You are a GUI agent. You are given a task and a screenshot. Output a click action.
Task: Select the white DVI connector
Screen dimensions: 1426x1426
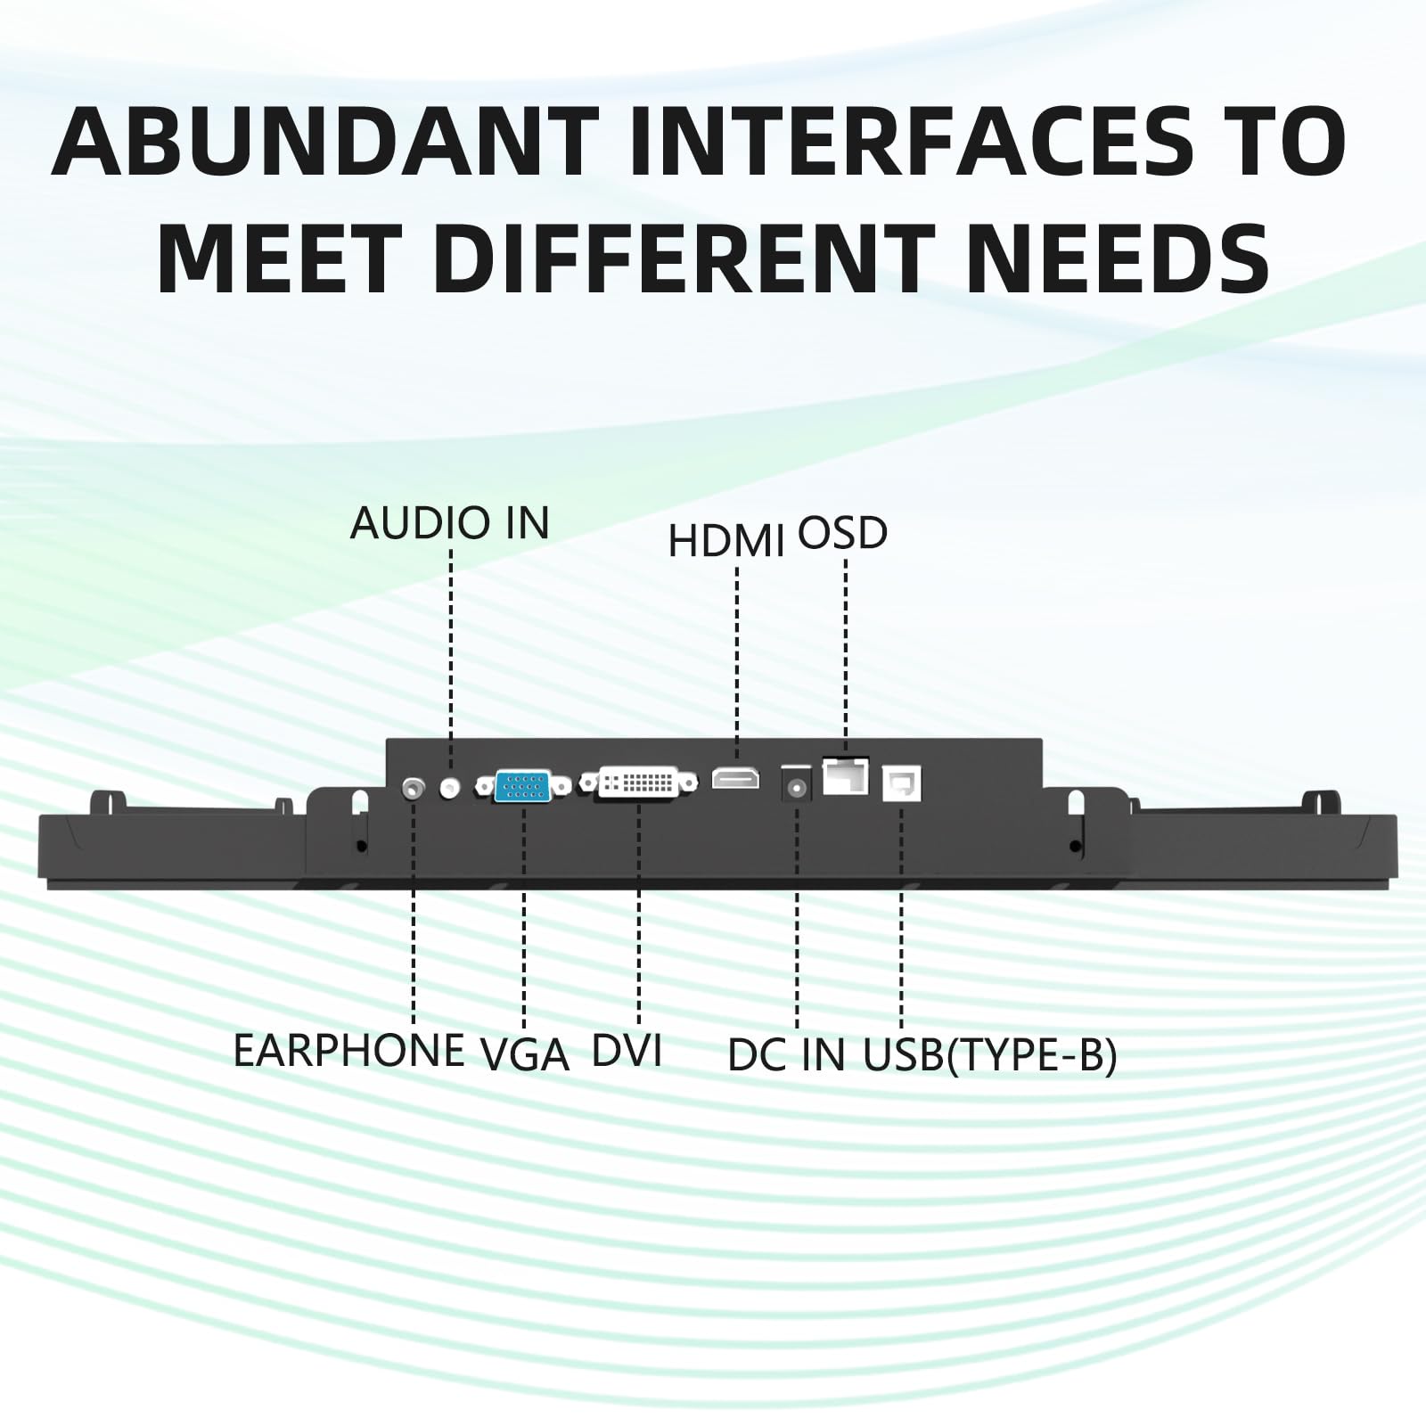pyautogui.click(x=639, y=783)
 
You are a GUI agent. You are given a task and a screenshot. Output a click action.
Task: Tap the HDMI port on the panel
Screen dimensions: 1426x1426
pyautogui.click(x=735, y=778)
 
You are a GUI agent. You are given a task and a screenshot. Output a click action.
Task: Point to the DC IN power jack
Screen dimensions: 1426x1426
pyautogui.click(x=796, y=787)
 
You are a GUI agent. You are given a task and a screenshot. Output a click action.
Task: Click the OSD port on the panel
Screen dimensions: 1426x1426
pyautogui.click(x=845, y=774)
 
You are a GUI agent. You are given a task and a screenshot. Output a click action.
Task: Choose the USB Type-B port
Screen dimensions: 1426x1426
pyautogui.click(x=901, y=783)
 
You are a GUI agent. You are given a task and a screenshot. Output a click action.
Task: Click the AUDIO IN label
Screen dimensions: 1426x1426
pyautogui.click(x=450, y=523)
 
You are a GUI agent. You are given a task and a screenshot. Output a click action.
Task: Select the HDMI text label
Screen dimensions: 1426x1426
pyautogui.click(x=726, y=541)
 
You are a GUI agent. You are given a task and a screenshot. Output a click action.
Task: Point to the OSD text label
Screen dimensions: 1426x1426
pyautogui.click(x=842, y=533)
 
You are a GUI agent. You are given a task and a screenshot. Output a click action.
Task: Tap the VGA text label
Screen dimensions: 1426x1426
pyautogui.click(x=526, y=1055)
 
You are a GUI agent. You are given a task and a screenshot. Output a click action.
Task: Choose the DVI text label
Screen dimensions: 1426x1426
pyautogui.click(x=627, y=1050)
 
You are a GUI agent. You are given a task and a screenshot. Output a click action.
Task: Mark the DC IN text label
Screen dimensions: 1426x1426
pyautogui.click(x=786, y=1055)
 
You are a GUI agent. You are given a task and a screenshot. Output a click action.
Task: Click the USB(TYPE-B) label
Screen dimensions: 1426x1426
pyautogui.click(x=990, y=1056)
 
